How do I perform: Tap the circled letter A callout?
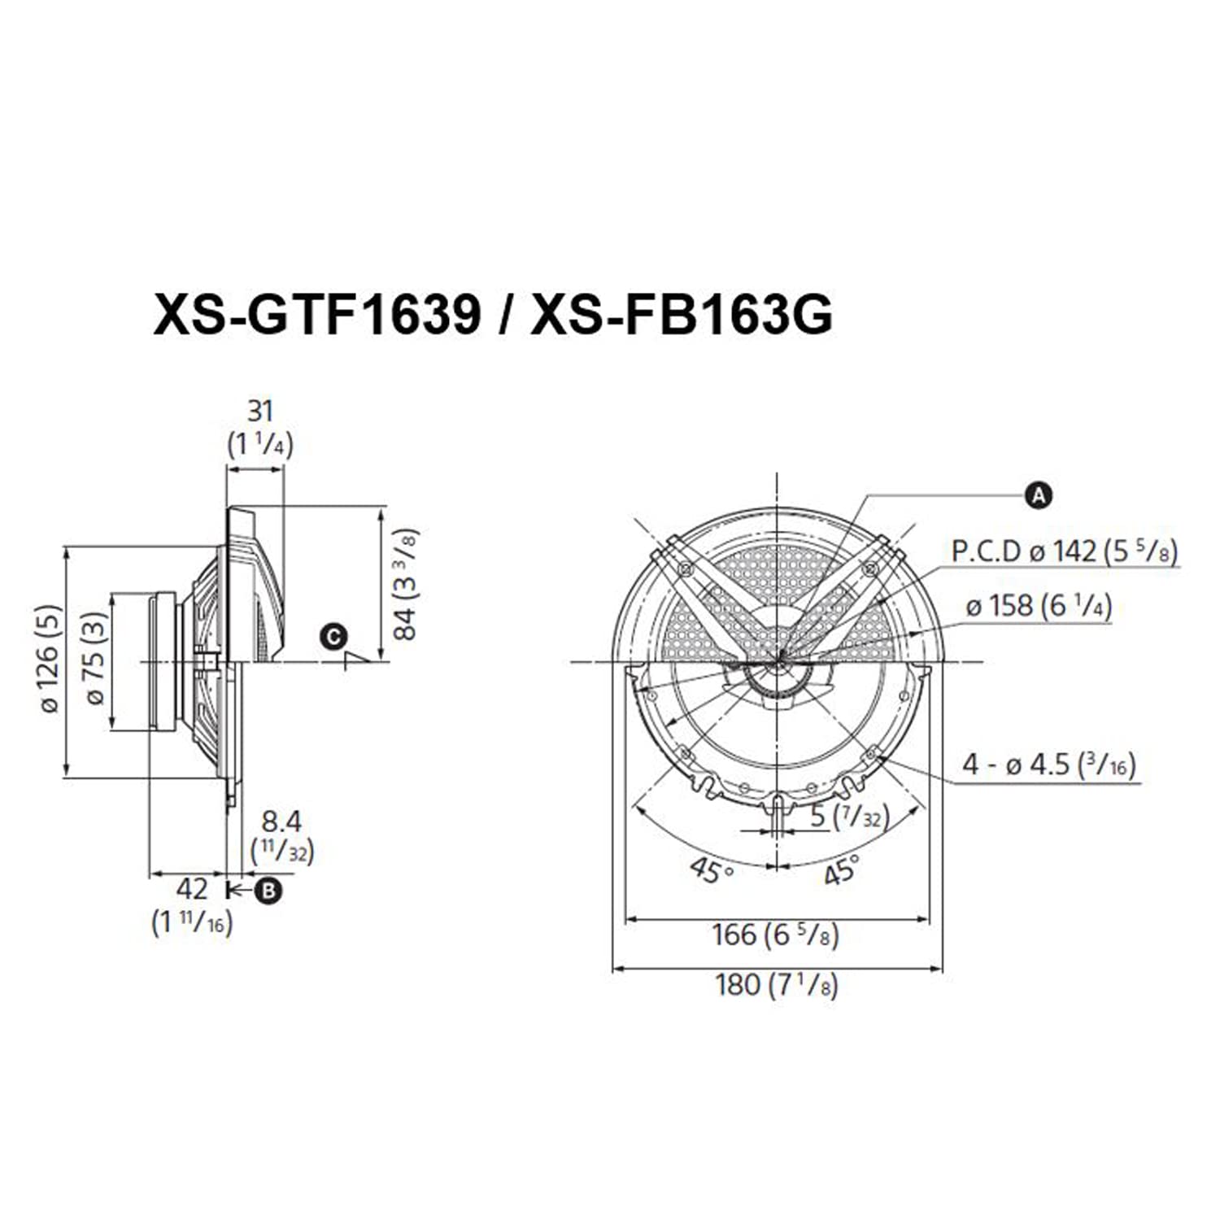click(x=1039, y=495)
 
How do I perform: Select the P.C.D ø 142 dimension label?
click(x=1064, y=551)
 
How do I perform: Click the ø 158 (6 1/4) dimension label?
click(x=1039, y=606)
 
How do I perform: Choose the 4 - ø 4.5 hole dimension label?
click(x=1048, y=765)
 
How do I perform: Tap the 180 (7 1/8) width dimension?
click(x=776, y=985)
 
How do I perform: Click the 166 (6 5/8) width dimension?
click(x=775, y=935)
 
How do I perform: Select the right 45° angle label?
click(x=841, y=870)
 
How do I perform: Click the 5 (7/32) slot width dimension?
click(x=849, y=816)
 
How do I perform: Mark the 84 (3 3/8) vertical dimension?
click(x=404, y=584)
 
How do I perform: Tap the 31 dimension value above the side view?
click(x=260, y=411)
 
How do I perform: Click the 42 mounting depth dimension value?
click(x=192, y=887)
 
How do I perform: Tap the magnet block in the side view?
click(x=163, y=661)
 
